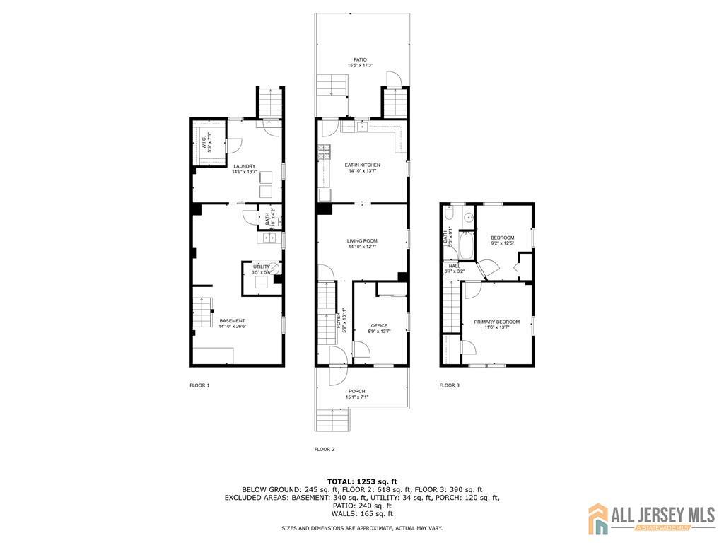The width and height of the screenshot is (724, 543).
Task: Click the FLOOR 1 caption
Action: point(199,385)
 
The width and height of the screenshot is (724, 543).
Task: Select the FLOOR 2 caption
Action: point(325,449)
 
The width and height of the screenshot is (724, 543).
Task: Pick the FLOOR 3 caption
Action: point(449,385)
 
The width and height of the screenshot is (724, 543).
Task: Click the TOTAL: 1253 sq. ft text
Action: point(362,481)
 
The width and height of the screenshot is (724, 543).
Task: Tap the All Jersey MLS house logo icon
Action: point(598,518)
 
